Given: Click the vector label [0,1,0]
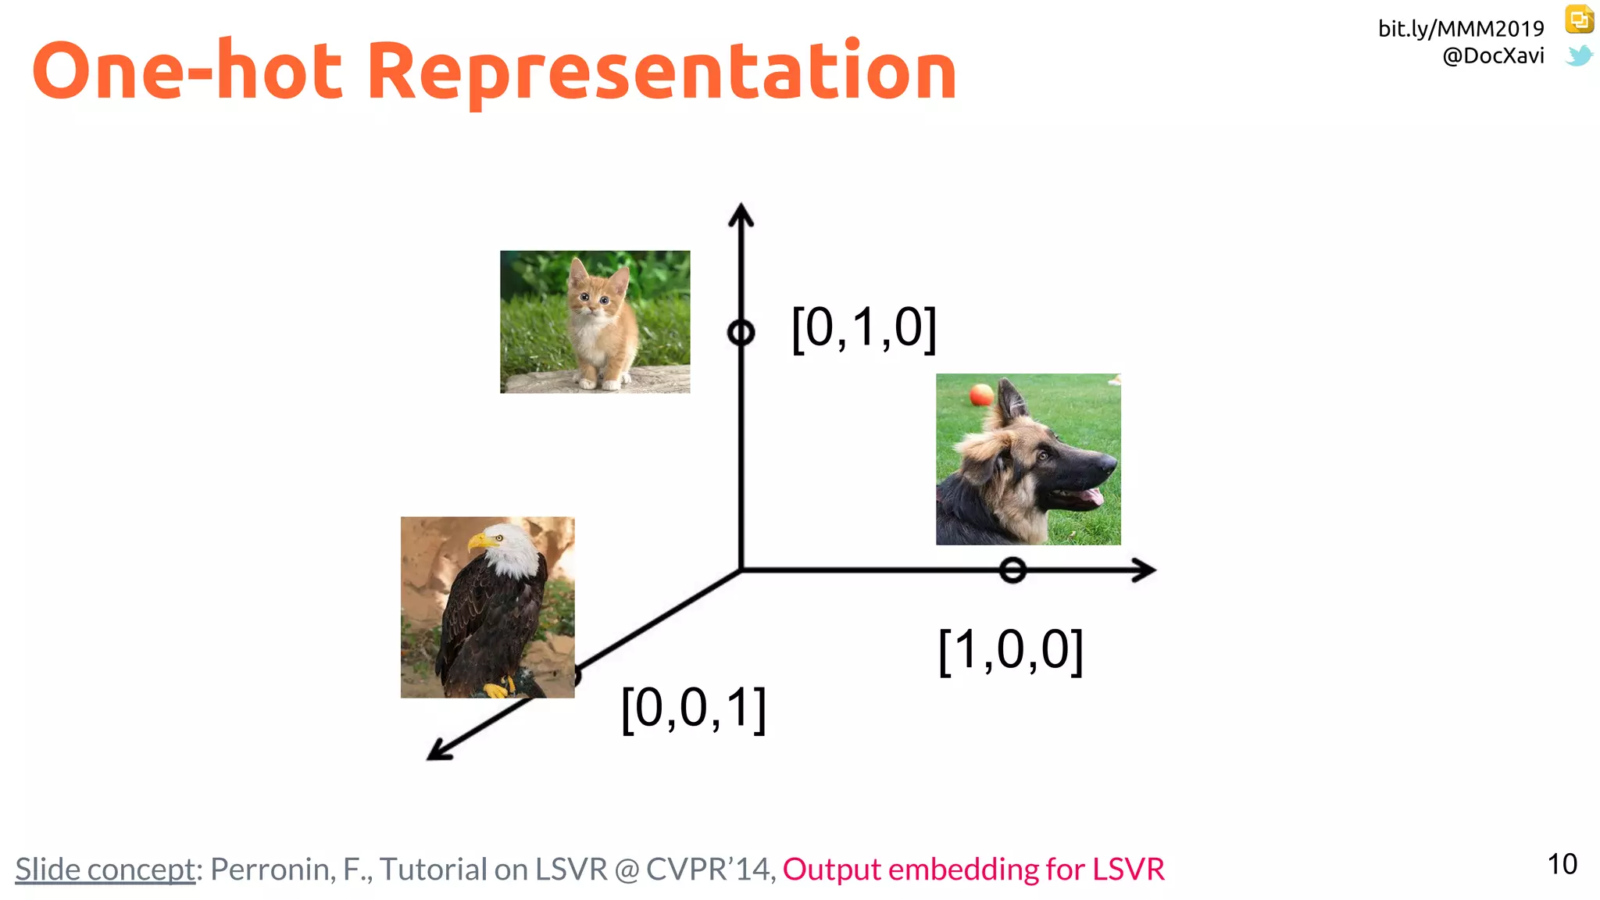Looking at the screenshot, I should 863,328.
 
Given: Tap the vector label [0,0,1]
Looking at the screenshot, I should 693,709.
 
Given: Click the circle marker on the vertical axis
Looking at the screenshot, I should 741,333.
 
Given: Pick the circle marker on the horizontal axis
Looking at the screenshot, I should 1012,570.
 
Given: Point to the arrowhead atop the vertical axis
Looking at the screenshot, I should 741,214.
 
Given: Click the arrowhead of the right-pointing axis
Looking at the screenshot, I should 1145,570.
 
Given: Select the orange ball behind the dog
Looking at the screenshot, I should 981,394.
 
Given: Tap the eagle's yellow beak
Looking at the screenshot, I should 478,541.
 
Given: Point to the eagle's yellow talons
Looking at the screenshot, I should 497,689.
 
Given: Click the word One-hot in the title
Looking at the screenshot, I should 187,72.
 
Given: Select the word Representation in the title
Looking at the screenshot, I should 662,72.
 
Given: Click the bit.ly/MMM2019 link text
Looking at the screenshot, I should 1460,29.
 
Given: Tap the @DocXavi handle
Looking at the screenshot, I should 1493,56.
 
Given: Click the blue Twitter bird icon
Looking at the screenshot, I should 1579,56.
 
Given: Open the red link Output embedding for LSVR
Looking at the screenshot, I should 973,869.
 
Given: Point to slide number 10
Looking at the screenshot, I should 1562,864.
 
